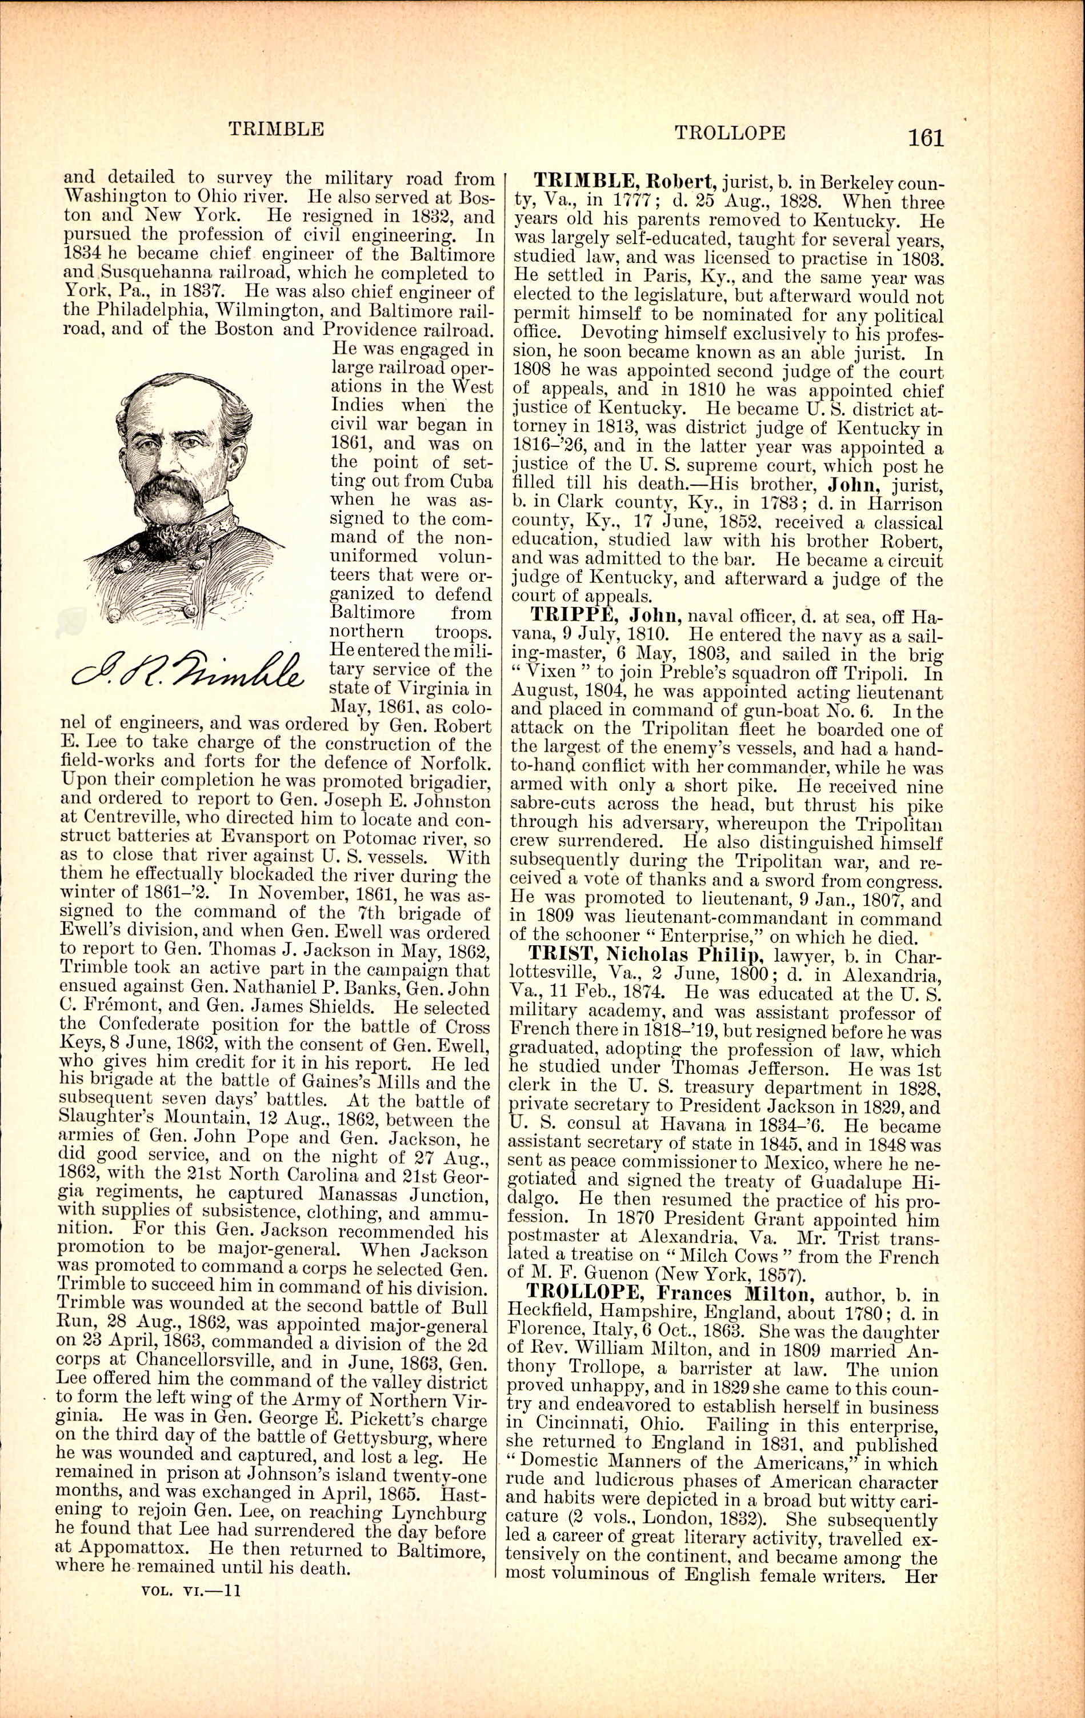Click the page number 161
(926, 137)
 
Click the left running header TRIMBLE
(276, 129)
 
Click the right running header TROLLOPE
(729, 133)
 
